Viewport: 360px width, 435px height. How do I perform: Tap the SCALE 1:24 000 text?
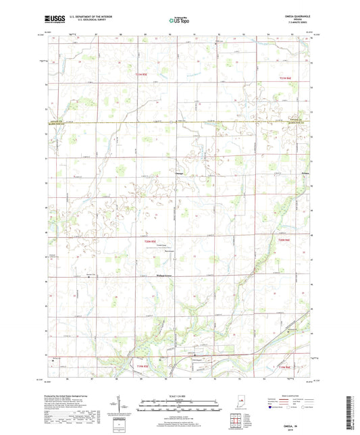point(180,395)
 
